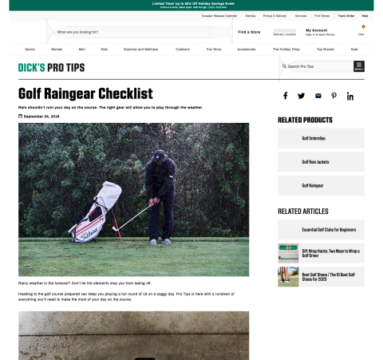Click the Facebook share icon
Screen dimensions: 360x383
point(285,96)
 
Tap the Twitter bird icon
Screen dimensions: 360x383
point(302,96)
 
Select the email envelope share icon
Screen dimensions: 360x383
point(318,96)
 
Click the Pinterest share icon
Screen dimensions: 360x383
point(334,96)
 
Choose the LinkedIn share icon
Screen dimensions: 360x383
point(350,96)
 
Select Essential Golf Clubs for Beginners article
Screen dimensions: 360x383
point(329,230)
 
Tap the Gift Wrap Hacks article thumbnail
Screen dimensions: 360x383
point(288,253)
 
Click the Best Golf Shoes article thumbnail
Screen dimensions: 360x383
point(288,276)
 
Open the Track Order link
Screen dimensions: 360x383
point(345,15)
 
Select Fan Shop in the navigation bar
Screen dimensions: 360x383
point(214,49)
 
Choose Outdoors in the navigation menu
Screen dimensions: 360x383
point(183,49)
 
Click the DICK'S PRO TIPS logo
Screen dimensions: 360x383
point(51,67)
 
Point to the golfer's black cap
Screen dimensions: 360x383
point(160,155)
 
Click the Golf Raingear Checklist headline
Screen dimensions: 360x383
point(85,93)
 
